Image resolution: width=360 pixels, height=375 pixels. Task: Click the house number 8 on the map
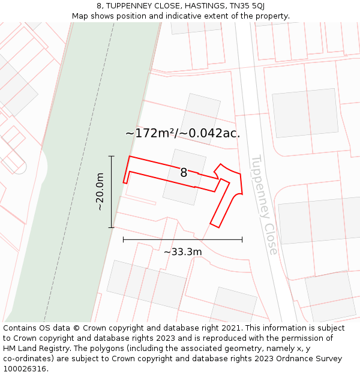click(184, 173)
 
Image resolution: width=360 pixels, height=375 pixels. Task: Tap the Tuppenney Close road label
click(263, 205)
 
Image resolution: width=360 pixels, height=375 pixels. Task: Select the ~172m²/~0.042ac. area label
click(182, 133)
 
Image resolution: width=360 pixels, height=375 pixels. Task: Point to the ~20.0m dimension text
click(100, 191)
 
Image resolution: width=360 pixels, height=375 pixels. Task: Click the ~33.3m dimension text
click(182, 252)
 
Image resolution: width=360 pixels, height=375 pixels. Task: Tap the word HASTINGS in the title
click(201, 5)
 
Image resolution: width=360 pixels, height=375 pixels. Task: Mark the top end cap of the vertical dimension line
click(112, 156)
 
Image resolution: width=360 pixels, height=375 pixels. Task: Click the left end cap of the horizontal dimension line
click(123, 239)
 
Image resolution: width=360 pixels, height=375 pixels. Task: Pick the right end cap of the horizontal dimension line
click(242, 239)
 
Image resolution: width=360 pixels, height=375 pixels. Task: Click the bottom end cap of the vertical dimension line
click(112, 227)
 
